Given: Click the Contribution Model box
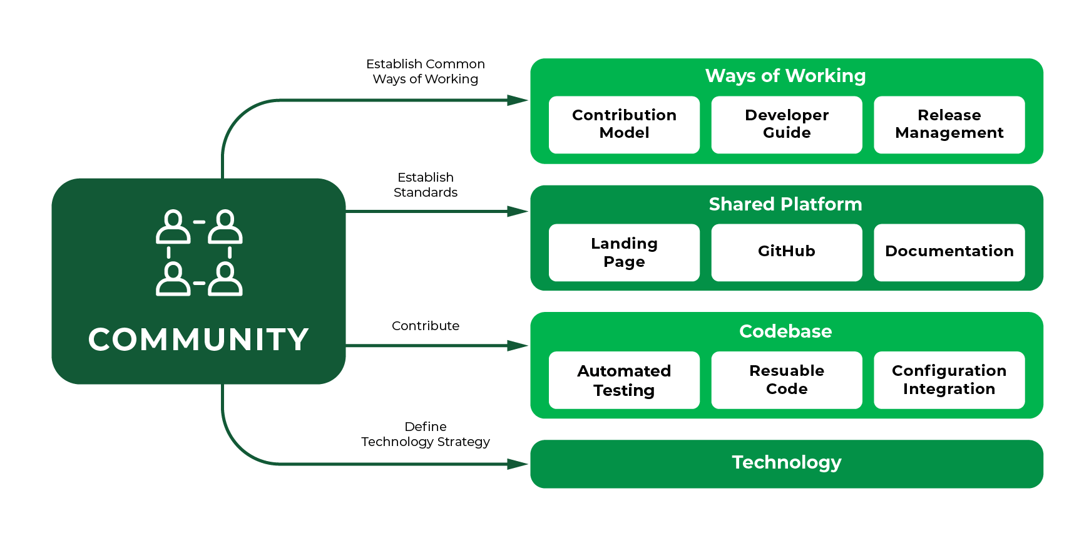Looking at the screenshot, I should [624, 124].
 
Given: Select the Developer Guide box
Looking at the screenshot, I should [787, 124].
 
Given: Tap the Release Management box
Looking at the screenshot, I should [949, 124].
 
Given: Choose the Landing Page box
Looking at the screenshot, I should [624, 252].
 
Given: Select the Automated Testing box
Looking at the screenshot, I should [624, 380].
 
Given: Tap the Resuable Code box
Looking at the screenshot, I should [787, 380].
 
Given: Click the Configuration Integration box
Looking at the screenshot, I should [949, 380].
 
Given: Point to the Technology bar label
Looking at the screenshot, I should [787, 462].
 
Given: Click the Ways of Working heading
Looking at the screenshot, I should [785, 76].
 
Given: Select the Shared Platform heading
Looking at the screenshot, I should [785, 204].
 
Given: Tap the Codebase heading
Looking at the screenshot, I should [785, 331].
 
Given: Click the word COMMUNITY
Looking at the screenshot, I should [198, 340].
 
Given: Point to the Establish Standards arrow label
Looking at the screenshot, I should [426, 185].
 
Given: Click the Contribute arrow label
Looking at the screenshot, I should [426, 326].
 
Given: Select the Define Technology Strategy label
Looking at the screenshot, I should [426, 434].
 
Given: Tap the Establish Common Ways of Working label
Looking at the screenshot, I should [426, 71].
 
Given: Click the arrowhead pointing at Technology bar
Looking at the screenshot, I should [518, 464].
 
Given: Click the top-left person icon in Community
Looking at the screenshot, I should [173, 227].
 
